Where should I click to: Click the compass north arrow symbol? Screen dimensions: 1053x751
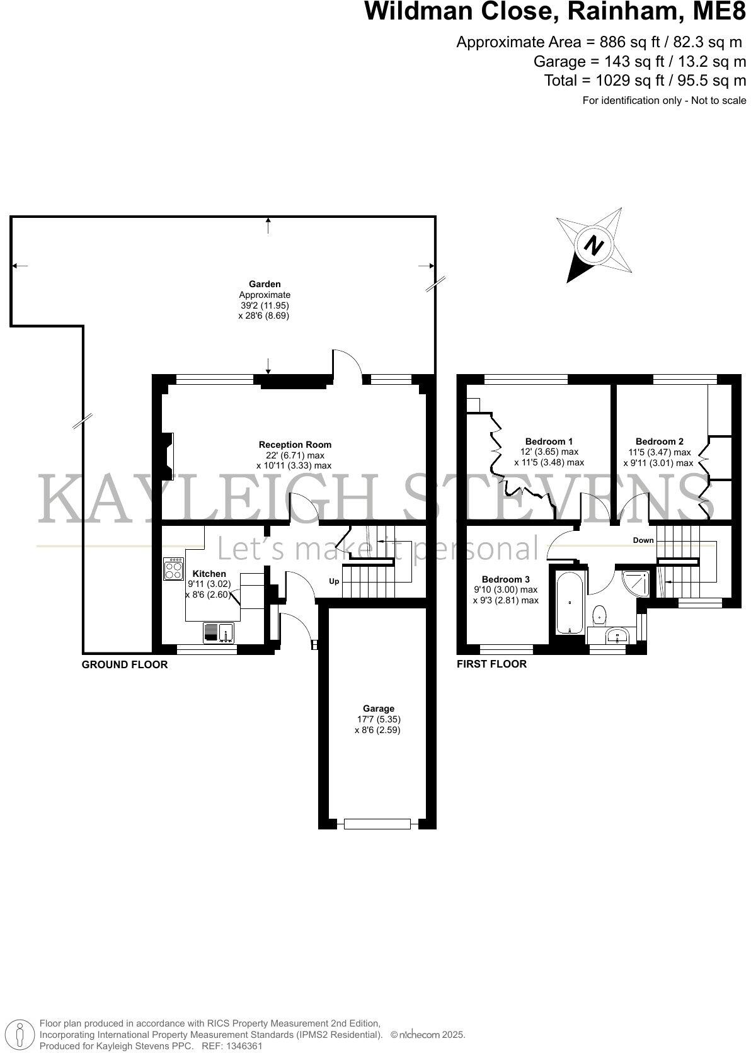click(x=593, y=246)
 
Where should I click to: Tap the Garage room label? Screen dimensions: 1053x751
click(x=378, y=709)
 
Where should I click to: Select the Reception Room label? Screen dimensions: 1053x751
click(x=295, y=445)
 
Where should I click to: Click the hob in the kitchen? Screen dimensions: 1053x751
click(x=173, y=569)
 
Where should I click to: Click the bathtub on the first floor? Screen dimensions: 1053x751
click(x=570, y=603)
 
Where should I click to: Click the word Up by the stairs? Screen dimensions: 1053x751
click(x=334, y=581)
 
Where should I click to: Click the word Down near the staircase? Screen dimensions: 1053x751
click(x=643, y=540)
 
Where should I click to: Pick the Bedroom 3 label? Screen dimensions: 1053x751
click(x=505, y=579)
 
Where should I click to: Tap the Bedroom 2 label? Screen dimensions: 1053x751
click(x=659, y=441)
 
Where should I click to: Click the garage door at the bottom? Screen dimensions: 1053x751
click(x=377, y=823)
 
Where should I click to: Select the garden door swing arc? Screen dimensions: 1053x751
click(x=348, y=364)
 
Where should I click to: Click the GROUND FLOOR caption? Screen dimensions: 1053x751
click(x=125, y=664)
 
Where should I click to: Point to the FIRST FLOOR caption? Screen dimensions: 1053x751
click(x=491, y=664)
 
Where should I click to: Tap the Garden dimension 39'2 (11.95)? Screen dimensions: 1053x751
click(x=263, y=305)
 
